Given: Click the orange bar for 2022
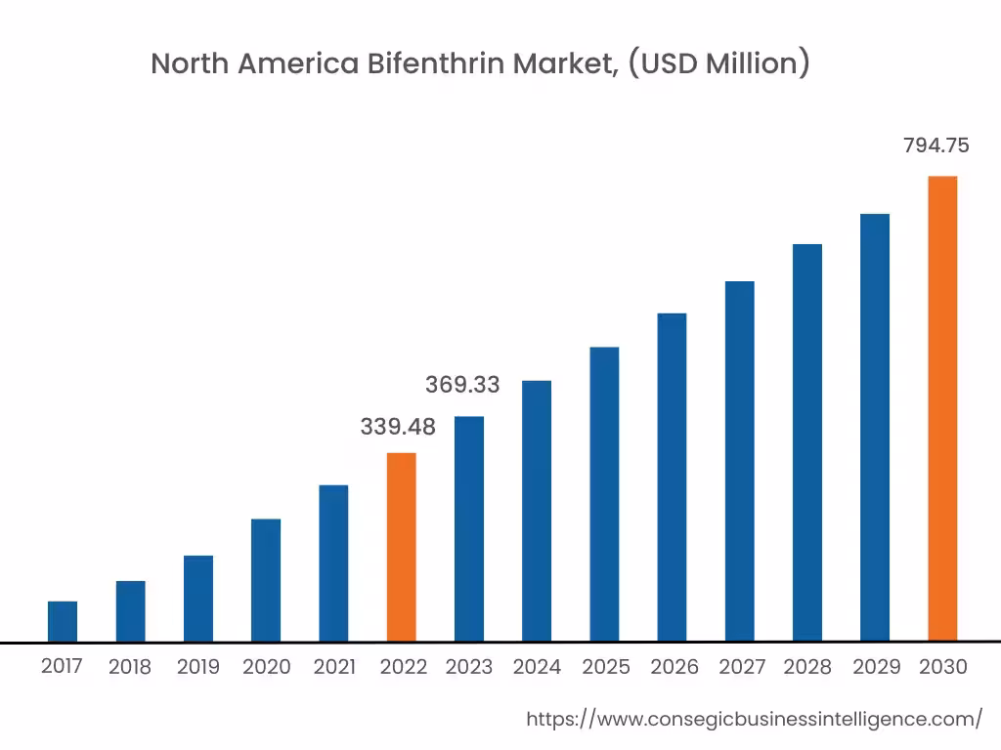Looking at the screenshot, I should [401, 547].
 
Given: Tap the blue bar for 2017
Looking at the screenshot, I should [63, 621].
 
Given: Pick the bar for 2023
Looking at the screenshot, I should [469, 528].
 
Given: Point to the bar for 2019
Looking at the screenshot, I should [198, 598].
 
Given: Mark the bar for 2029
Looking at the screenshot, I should [875, 427].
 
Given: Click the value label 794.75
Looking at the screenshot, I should [936, 146].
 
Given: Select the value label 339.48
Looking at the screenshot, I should [398, 427].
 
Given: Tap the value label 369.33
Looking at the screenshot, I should [462, 385].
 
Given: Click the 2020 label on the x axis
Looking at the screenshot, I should [266, 667].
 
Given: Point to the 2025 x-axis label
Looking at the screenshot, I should [606, 667].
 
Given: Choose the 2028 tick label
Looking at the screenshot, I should [807, 667].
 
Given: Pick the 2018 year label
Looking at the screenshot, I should [130, 667].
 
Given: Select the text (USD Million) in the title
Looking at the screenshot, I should [718, 64].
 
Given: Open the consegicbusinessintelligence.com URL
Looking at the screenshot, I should [754, 720].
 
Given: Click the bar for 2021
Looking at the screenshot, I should [333, 563].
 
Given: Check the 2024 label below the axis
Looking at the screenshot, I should [537, 667].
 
